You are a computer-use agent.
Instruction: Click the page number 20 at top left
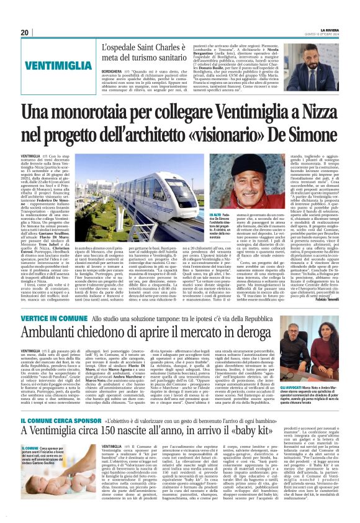(x=25, y=32)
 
